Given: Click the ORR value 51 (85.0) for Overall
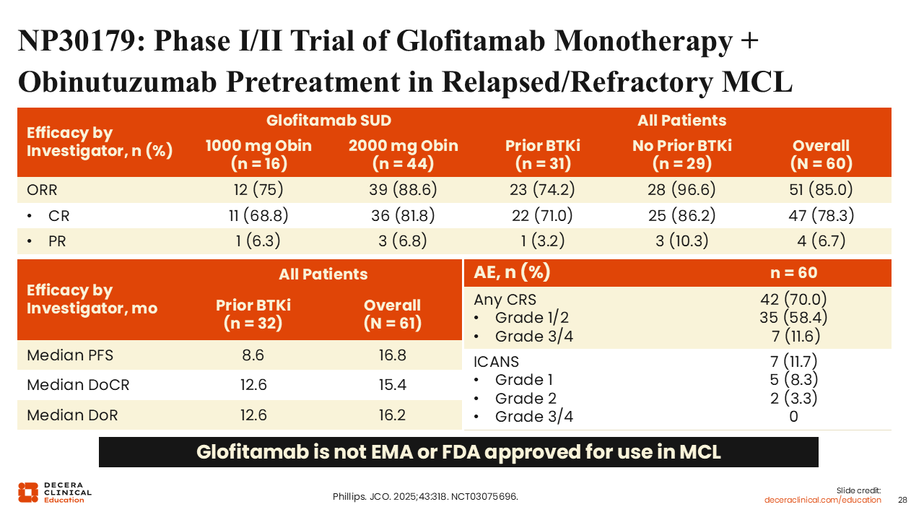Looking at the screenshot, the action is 821,189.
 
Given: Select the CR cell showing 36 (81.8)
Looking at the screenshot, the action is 403,215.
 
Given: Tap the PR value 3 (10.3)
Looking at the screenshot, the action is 682,240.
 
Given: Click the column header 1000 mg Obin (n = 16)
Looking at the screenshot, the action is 258,155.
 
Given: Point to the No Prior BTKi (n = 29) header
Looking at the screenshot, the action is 682,155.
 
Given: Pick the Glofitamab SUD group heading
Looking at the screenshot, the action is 328,121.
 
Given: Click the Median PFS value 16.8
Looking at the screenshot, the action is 392,355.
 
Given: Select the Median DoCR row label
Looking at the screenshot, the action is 78,385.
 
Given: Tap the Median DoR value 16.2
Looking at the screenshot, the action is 392,415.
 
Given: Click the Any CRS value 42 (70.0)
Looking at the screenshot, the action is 793,299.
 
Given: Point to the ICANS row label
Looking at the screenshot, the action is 496,362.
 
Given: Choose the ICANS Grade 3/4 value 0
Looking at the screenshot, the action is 793,417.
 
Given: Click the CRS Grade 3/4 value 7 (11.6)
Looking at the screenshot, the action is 796,337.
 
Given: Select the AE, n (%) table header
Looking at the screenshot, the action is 512,272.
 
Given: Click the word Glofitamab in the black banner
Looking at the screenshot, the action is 253,452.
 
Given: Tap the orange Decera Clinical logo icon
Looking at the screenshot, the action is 28,493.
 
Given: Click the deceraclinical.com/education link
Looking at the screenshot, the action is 822,500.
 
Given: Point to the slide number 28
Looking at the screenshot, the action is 902,500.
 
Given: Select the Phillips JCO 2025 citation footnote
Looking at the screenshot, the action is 425,496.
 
